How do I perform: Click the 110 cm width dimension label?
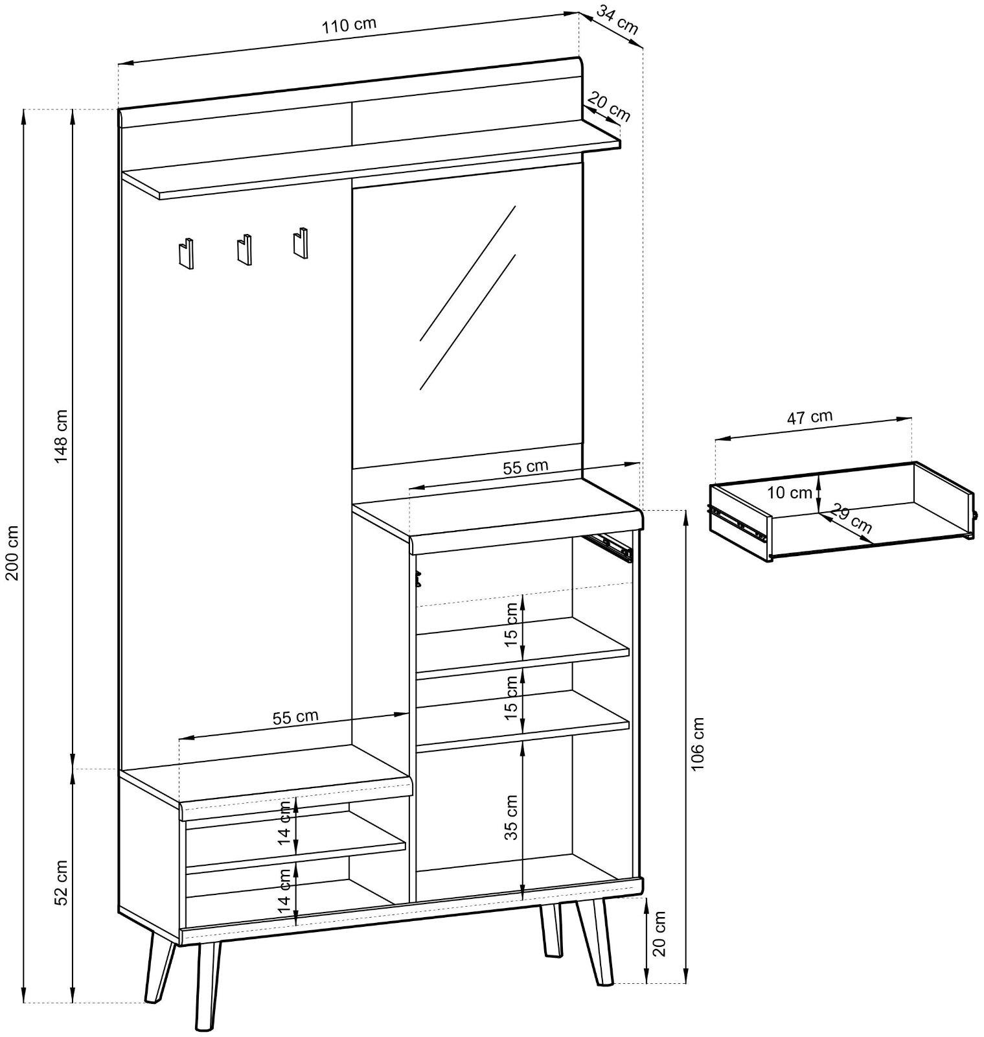349,25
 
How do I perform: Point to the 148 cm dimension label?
62,436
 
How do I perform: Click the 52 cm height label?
61,882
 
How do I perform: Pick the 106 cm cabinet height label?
697,745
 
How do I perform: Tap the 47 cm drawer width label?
810,417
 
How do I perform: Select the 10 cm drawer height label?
790,493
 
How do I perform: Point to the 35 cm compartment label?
512,817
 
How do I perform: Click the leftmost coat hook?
186,253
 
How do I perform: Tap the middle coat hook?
244,248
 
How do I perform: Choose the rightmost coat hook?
300,243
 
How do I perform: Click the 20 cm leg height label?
659,933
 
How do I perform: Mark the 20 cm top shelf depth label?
610,107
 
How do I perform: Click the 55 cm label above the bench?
295,717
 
